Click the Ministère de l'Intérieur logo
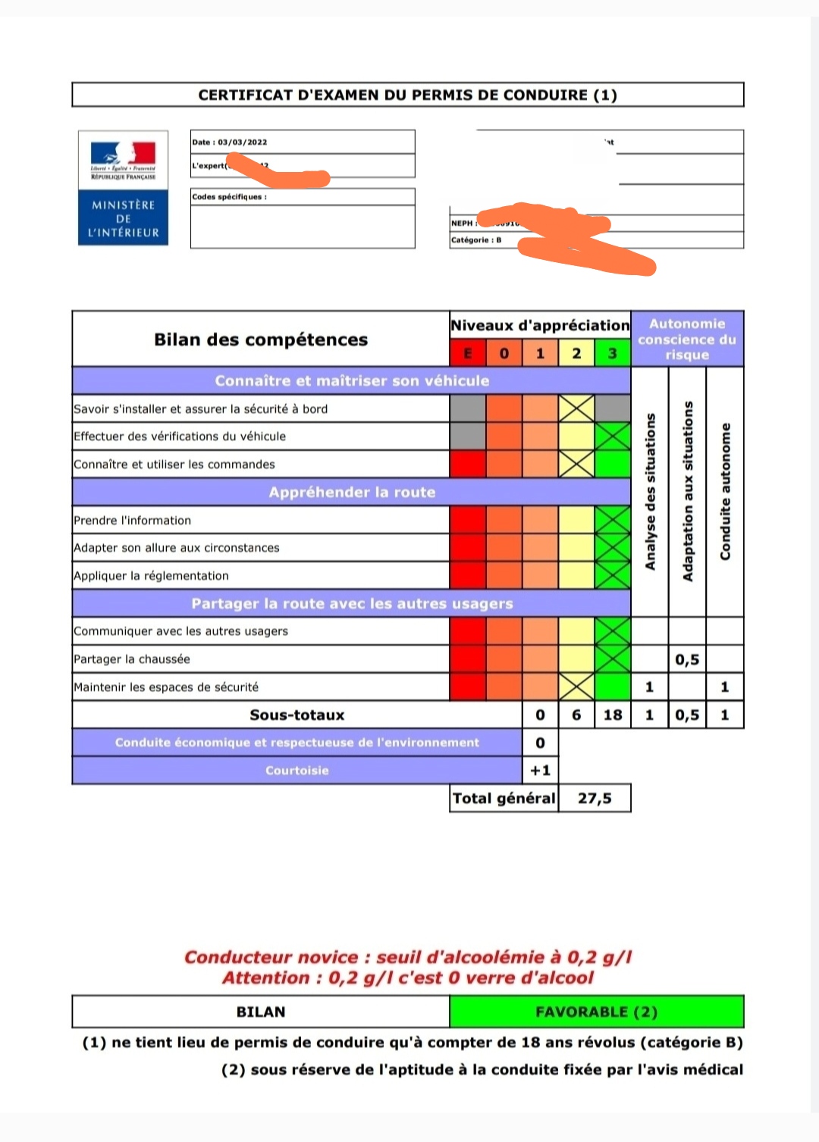[123, 188]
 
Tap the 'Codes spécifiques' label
[229, 197]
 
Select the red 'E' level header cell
[468, 353]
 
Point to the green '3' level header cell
[613, 353]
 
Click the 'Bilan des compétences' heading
[261, 339]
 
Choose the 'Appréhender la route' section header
[352, 493]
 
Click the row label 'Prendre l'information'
[133, 521]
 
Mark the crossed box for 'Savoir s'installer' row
[576, 409]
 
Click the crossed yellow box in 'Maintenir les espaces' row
[576, 687]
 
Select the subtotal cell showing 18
[613, 715]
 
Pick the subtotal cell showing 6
[576, 715]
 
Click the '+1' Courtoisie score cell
[541, 771]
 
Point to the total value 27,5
[595, 798]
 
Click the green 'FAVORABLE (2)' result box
[597, 1012]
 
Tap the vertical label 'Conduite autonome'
[726, 491]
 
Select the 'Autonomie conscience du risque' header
[687, 339]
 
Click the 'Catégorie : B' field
[476, 240]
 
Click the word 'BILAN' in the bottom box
[261, 1012]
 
